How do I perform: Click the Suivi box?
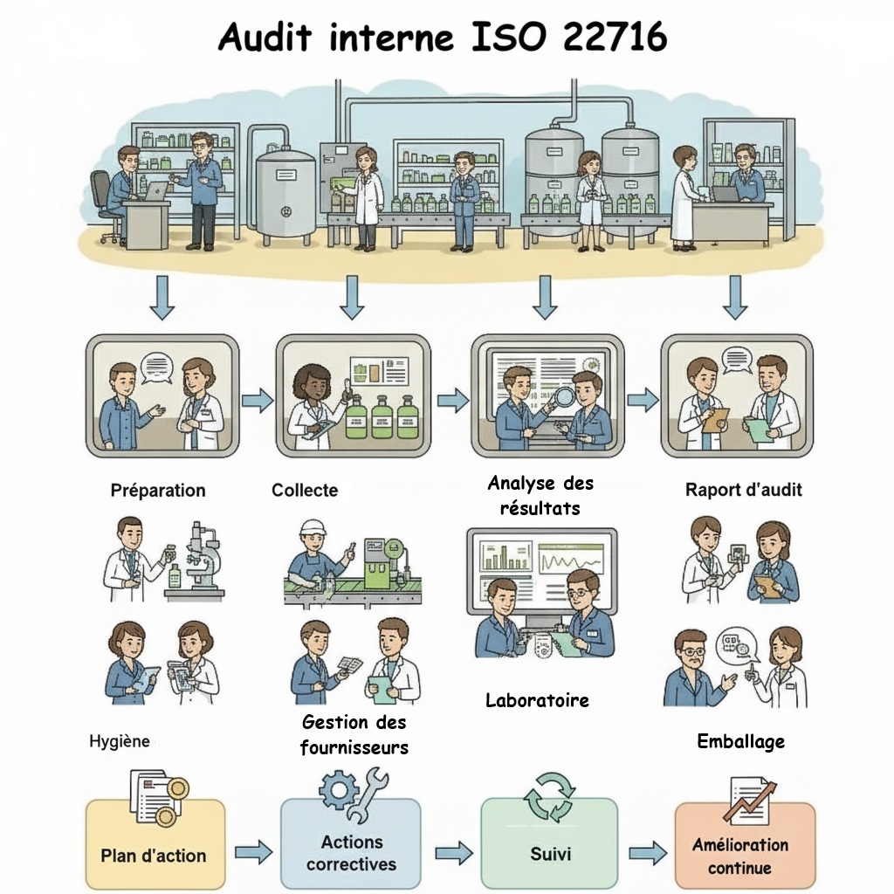pyautogui.click(x=550, y=851)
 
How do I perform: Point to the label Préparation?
pyautogui.click(x=158, y=490)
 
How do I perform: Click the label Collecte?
pyautogui.click(x=305, y=490)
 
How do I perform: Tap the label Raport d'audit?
pyautogui.click(x=743, y=490)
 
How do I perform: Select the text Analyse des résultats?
pyautogui.click(x=540, y=495)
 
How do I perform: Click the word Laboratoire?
pyautogui.click(x=537, y=700)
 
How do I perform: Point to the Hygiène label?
pyautogui.click(x=120, y=741)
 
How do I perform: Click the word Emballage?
pyautogui.click(x=740, y=741)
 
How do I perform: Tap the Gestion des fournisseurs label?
pyautogui.click(x=354, y=735)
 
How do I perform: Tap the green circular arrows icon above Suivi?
pyautogui.click(x=549, y=794)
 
